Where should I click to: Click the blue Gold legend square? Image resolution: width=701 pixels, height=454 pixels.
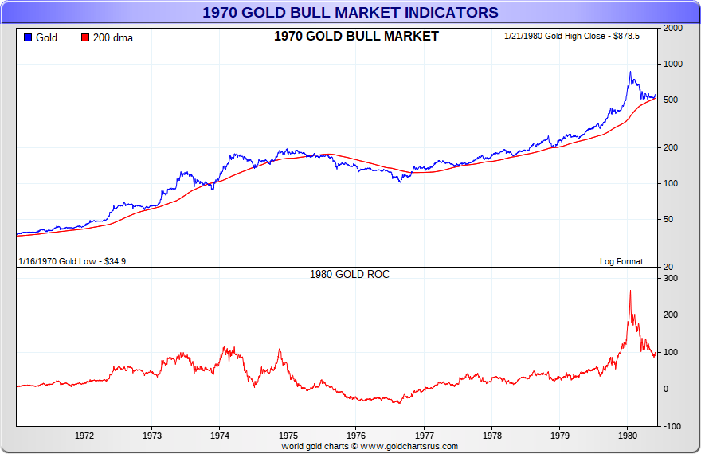(x=28, y=37)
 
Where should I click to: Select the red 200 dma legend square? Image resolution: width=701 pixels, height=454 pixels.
(x=85, y=37)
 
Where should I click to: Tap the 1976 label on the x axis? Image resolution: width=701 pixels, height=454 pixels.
(x=356, y=436)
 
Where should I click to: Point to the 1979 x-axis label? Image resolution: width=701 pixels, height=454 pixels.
(x=560, y=436)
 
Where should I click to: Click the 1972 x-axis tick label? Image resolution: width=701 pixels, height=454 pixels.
(x=84, y=436)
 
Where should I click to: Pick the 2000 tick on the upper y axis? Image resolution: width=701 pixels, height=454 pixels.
(x=673, y=28)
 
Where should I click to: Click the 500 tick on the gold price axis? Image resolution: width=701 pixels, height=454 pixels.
(x=671, y=100)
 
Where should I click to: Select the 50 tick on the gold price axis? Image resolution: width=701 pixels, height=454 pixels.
(x=668, y=219)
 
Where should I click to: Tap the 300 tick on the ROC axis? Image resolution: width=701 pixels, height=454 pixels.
(x=671, y=278)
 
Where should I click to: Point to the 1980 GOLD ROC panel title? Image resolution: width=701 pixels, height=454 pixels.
(x=349, y=274)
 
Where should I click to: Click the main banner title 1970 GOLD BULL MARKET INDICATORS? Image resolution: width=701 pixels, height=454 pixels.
(x=350, y=12)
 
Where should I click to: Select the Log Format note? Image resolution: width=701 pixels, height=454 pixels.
(x=621, y=261)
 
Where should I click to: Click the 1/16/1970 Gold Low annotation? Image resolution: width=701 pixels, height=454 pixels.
(x=72, y=261)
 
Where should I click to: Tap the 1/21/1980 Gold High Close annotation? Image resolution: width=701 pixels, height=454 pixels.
(x=572, y=37)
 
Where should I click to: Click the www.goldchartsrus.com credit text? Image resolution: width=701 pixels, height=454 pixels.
(x=370, y=446)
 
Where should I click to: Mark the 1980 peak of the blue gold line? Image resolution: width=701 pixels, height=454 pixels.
(x=630, y=72)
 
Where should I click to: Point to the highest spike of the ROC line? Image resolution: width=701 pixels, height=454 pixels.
(x=630, y=291)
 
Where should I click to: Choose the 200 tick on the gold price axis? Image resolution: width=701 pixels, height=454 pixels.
(x=671, y=147)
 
